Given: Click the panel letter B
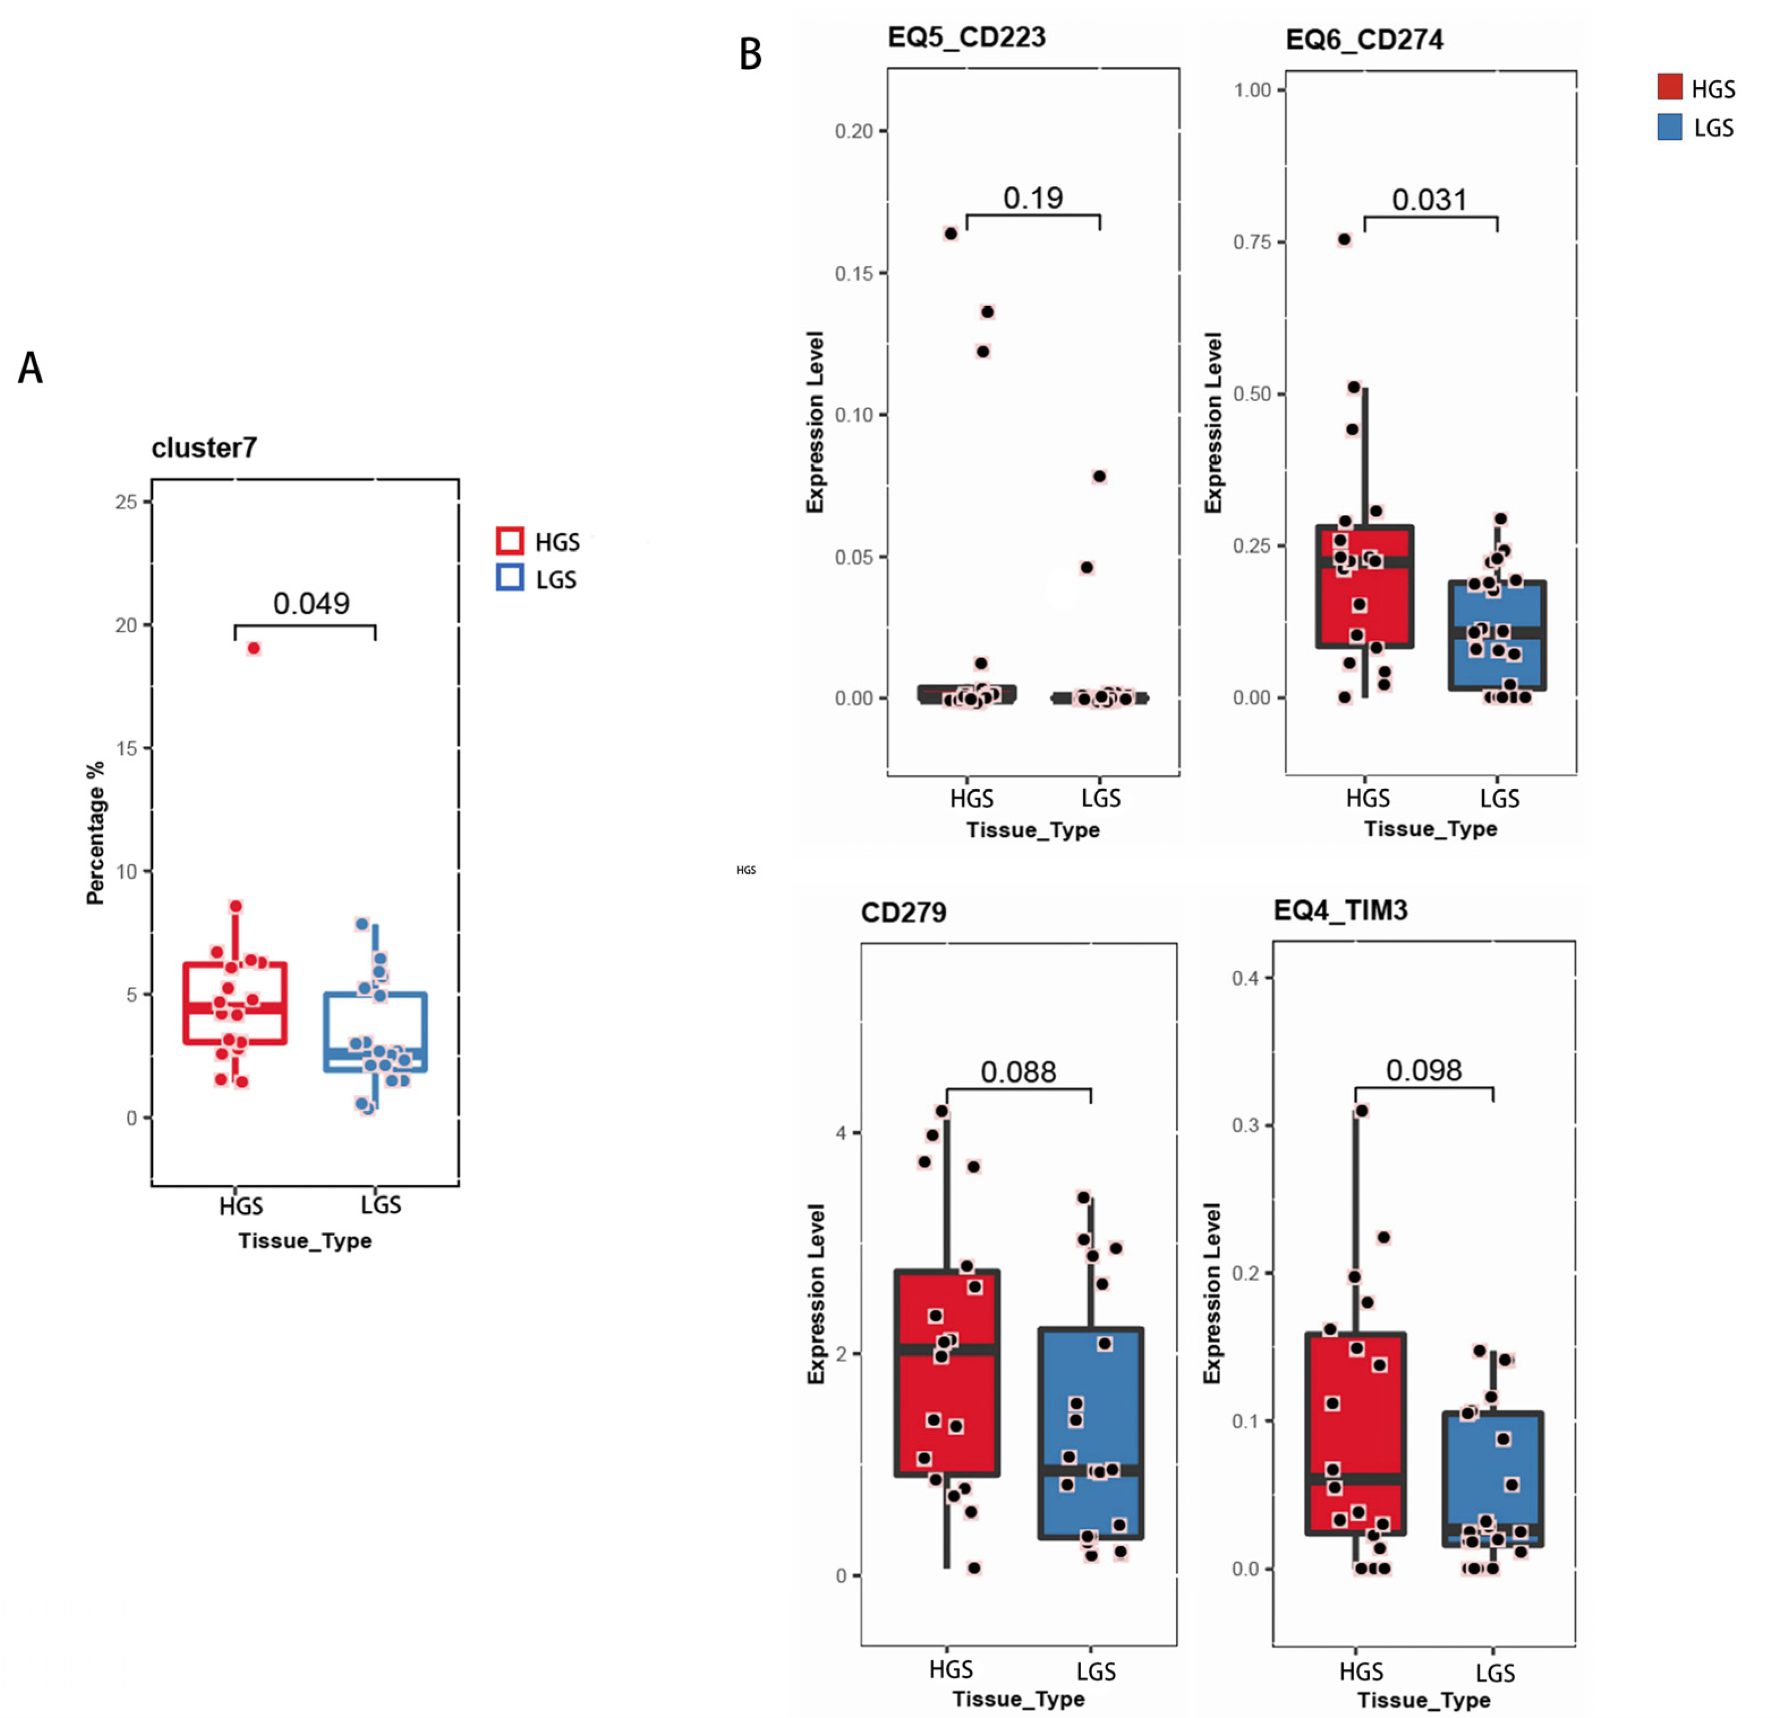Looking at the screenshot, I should click(750, 55).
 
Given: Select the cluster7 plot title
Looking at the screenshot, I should click(204, 448).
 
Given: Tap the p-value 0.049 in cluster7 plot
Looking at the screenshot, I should click(311, 603).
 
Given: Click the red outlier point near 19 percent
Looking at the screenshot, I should click(254, 648).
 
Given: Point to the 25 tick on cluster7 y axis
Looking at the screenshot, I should click(127, 502).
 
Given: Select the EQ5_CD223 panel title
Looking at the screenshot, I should click(966, 37).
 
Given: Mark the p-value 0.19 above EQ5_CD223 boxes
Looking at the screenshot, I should click(1033, 197).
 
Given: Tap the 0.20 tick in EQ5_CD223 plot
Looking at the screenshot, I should click(853, 131).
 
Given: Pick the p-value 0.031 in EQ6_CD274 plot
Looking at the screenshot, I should click(1430, 199).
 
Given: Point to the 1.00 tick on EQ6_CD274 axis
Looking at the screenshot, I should click(1252, 90).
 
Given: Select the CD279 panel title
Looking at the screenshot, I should click(903, 912).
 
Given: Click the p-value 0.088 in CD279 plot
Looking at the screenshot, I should click(1018, 1072).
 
